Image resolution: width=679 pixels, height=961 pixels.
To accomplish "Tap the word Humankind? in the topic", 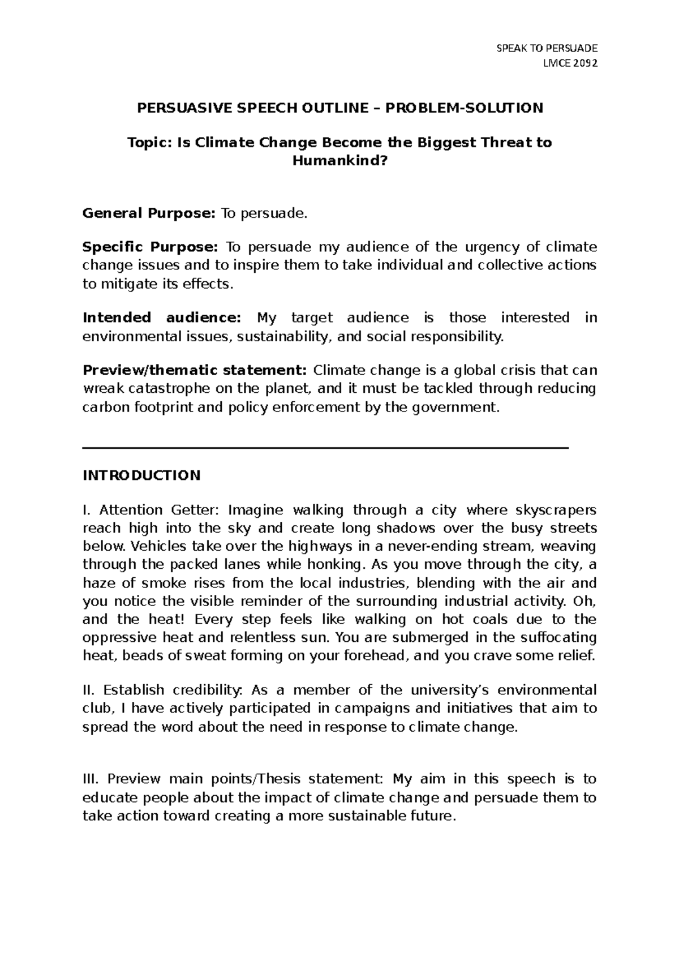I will (x=340, y=161).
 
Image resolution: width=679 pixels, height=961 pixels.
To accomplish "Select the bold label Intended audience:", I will (x=162, y=318).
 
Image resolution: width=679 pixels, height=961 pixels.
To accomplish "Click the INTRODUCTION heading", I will (x=141, y=475).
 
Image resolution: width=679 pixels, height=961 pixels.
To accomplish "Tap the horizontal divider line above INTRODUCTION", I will (x=325, y=448).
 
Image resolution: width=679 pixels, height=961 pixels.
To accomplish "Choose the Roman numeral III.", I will (x=90, y=779).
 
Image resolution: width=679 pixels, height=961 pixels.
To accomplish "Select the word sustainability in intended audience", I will (x=283, y=337).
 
